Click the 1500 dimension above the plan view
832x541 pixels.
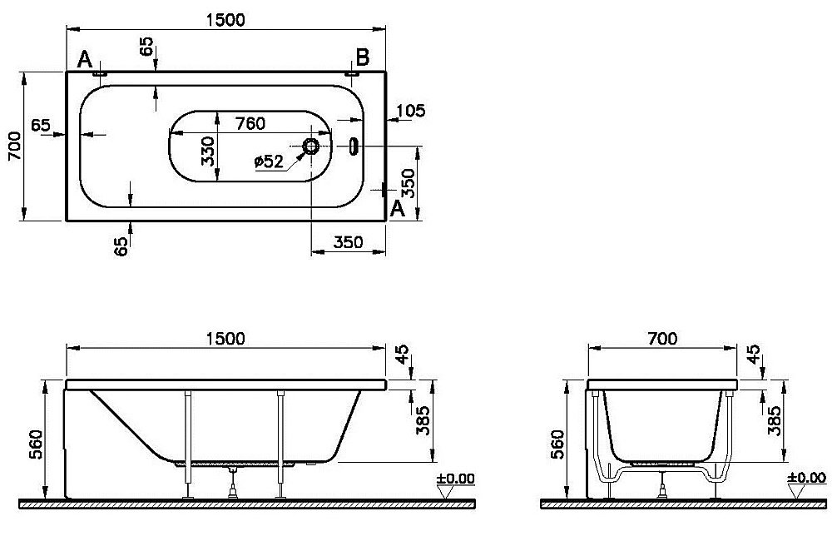click(x=225, y=20)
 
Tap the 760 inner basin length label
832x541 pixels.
click(x=250, y=123)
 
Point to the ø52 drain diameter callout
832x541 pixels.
click(x=269, y=161)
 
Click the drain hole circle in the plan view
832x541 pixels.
click(x=310, y=146)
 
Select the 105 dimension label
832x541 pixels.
click(x=411, y=111)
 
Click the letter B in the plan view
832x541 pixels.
click(x=363, y=57)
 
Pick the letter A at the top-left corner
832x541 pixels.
click(x=85, y=59)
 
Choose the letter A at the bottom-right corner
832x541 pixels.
click(x=398, y=209)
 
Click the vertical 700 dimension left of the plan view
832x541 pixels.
click(x=15, y=146)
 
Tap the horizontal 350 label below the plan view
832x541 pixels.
click(x=348, y=242)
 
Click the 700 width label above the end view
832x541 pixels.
click(x=662, y=338)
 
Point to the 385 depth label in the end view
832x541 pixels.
click(x=775, y=420)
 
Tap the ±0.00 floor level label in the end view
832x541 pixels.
click(x=806, y=478)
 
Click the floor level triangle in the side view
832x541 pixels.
click(x=447, y=492)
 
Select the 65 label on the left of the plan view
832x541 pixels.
click(x=40, y=126)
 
